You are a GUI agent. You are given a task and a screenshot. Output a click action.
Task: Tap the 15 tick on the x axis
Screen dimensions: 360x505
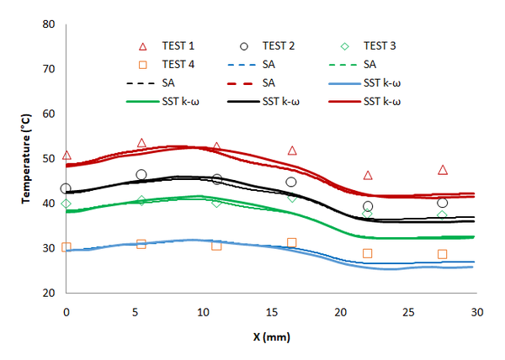click(x=272, y=312)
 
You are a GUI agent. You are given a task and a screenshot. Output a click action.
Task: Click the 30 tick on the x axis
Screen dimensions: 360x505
click(x=476, y=312)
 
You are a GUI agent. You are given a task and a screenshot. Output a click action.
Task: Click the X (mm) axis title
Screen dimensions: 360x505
click(x=271, y=336)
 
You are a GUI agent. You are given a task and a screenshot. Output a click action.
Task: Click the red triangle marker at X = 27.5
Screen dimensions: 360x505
click(x=443, y=170)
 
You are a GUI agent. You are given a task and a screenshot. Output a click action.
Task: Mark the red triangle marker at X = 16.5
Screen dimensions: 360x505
click(x=292, y=151)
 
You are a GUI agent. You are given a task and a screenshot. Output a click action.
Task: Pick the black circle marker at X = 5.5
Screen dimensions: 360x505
click(x=141, y=175)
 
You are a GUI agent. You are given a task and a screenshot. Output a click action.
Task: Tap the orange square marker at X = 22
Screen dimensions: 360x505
click(x=368, y=253)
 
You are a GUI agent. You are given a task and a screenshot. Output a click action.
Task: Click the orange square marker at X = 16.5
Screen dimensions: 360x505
click(x=292, y=242)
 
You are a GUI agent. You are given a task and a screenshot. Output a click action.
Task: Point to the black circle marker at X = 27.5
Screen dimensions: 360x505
click(x=443, y=203)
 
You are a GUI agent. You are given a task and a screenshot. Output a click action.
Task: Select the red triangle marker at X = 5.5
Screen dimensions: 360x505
click(x=141, y=143)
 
